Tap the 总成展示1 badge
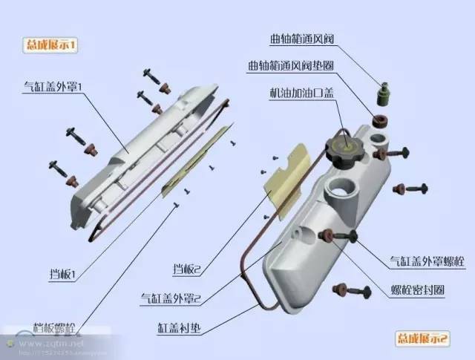51,45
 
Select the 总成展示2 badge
421,338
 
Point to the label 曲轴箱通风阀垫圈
291,66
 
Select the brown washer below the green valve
379,120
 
